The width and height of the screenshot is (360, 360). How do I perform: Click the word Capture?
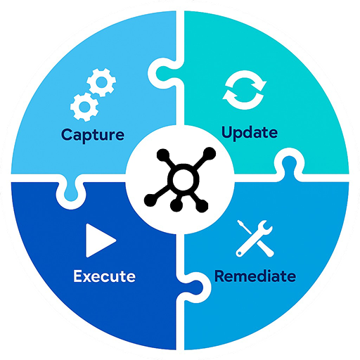click(x=93, y=135)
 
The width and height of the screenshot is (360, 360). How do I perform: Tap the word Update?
click(x=250, y=133)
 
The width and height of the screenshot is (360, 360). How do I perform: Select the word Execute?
click(x=105, y=276)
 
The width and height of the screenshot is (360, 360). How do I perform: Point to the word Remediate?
click(x=255, y=276)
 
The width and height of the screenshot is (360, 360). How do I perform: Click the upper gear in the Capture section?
click(x=101, y=82)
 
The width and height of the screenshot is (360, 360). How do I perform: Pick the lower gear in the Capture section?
click(x=84, y=107)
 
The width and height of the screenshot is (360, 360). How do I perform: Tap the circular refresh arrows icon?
click(x=245, y=90)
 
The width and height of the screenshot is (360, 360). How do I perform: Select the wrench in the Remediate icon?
click(x=255, y=238)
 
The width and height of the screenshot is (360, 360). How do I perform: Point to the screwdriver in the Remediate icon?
click(x=255, y=238)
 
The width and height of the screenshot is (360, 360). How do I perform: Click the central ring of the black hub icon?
click(x=183, y=179)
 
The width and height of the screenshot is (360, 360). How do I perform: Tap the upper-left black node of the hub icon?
click(x=163, y=155)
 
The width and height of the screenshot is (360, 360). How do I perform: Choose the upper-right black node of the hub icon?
click(x=209, y=154)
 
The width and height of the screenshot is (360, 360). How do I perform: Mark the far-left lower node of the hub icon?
click(x=150, y=200)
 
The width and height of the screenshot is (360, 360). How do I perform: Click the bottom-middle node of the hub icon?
click(x=176, y=205)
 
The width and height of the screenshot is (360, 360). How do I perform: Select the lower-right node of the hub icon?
click(x=202, y=206)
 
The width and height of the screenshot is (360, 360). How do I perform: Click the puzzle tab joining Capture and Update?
click(x=164, y=72)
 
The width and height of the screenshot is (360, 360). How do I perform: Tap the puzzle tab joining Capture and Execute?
click(x=70, y=191)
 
